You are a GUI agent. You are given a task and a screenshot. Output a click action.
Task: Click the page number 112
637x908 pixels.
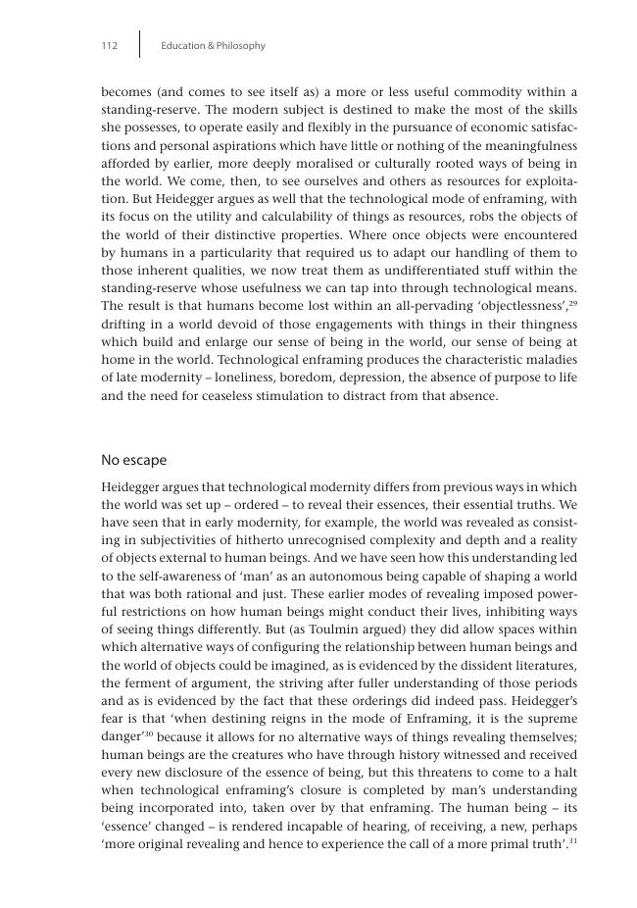tap(110, 46)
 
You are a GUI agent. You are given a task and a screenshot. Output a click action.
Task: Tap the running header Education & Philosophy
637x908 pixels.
tap(213, 46)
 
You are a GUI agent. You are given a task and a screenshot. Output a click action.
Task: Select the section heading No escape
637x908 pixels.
tap(134, 460)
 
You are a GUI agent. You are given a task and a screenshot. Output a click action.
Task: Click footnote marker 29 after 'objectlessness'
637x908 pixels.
tap(573, 303)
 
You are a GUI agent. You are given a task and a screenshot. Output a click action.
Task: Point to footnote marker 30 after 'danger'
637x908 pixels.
tap(149, 731)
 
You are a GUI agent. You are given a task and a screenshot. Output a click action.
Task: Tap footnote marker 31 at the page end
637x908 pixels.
tap(573, 839)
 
